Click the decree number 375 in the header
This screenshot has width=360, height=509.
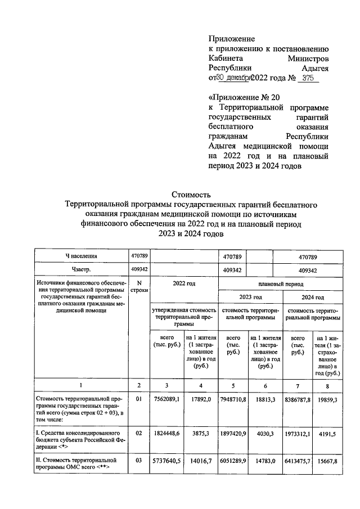[x=307, y=79]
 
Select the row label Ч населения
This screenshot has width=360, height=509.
[x=81, y=256]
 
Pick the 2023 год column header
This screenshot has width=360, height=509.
[x=250, y=298]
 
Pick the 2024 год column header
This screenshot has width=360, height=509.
[x=312, y=298]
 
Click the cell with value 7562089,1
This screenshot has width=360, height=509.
[x=166, y=399]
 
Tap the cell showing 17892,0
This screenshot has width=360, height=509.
[x=200, y=399]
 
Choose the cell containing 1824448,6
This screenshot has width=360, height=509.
[x=166, y=434]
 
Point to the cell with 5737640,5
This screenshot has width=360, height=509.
[x=166, y=462]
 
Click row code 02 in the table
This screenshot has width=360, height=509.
[x=139, y=434]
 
